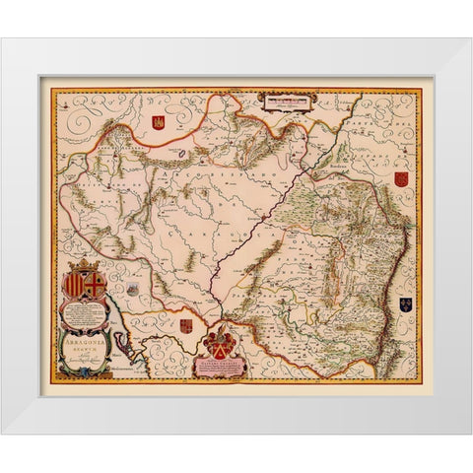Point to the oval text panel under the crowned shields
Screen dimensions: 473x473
[x=90, y=309]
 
